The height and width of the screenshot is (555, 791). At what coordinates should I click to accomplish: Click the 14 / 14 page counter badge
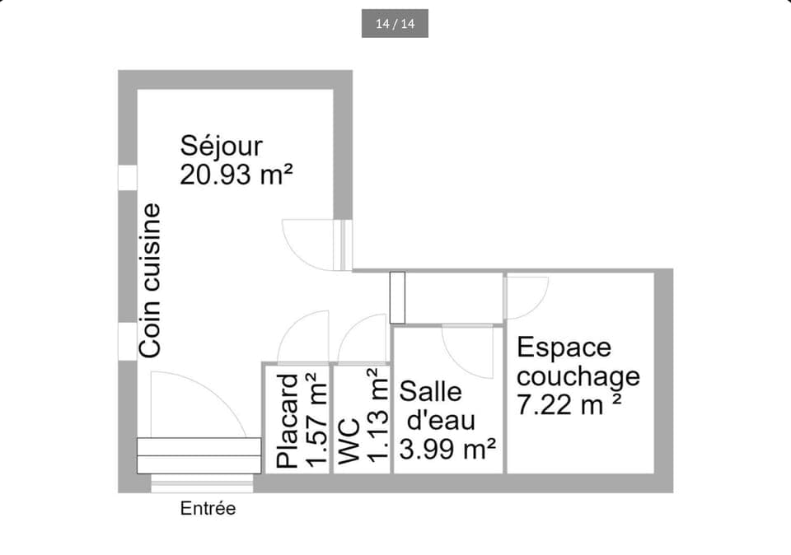395,24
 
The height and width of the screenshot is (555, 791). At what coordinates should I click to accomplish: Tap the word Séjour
222,146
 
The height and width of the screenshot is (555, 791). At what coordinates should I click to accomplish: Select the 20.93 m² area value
236,175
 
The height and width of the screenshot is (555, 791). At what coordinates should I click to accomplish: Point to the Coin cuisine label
150,281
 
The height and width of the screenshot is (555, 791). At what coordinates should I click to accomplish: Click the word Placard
288,421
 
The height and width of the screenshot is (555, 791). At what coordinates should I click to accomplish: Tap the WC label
349,443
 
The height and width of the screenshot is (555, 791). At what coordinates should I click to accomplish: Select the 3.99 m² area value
447,450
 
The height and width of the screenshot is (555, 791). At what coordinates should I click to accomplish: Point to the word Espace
564,347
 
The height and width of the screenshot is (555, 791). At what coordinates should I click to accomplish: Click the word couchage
578,376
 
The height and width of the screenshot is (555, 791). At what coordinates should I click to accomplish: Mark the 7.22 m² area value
569,405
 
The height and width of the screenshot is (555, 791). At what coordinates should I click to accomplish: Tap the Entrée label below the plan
208,509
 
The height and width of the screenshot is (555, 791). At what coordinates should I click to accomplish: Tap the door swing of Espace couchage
526,296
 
